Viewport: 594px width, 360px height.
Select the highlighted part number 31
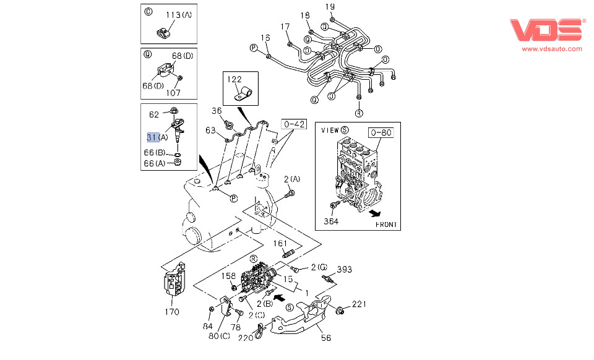pyautogui.click(x=152, y=137)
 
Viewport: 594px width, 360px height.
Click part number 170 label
pyautogui.click(x=171, y=312)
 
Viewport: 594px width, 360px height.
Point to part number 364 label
pyautogui.click(x=332, y=221)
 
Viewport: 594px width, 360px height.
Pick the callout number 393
pyautogui.click(x=345, y=269)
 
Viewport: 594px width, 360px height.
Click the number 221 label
pyautogui.click(x=360, y=304)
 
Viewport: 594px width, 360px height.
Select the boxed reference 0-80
pyautogui.click(x=381, y=132)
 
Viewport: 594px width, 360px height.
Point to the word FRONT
pyautogui.click(x=386, y=224)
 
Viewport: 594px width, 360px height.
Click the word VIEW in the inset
pyautogui.click(x=330, y=131)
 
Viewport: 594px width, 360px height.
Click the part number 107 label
pyautogui.click(x=173, y=93)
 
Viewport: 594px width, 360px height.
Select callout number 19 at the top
pyautogui.click(x=330, y=7)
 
